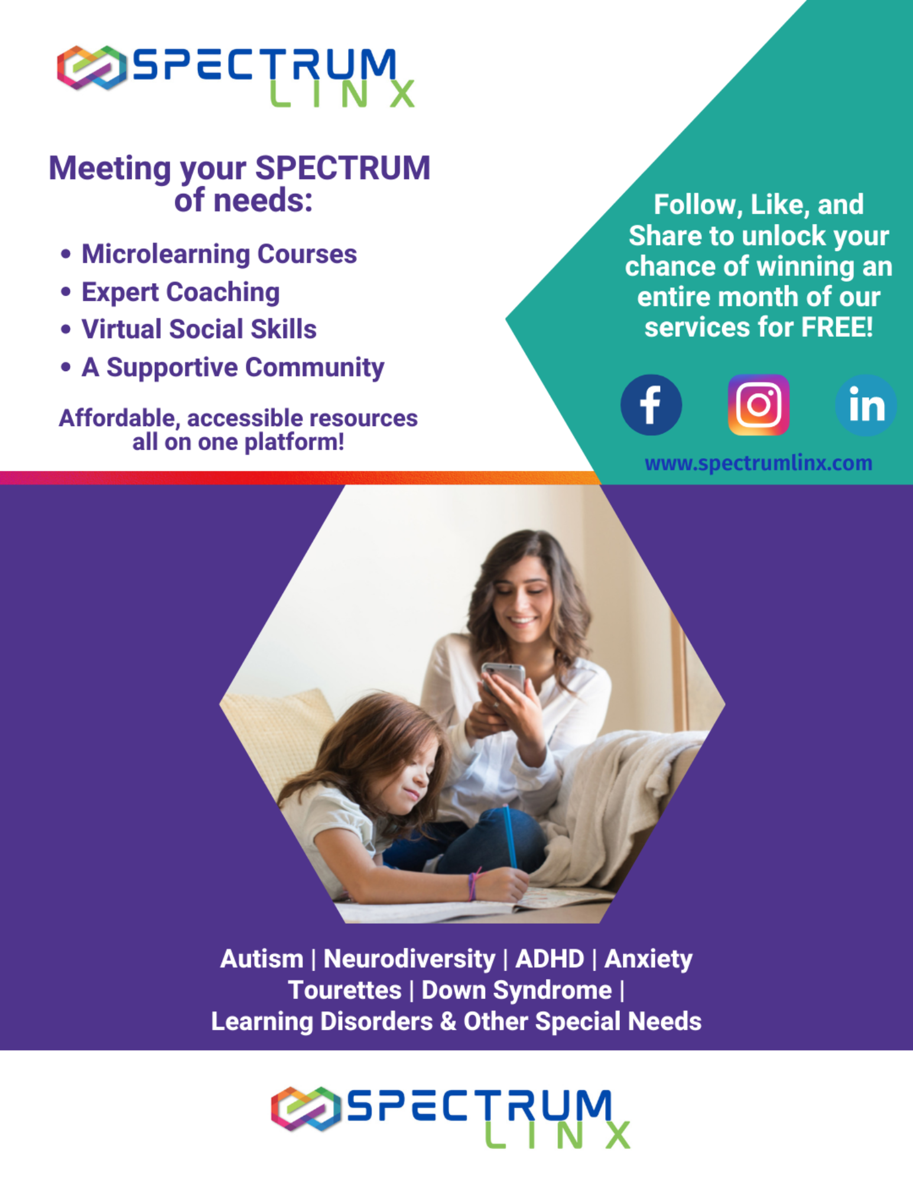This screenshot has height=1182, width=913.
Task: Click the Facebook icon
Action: (651, 405)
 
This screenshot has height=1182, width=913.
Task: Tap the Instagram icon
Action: (758, 405)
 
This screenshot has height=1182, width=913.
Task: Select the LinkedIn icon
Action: (866, 405)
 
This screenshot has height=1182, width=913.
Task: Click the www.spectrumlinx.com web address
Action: (758, 463)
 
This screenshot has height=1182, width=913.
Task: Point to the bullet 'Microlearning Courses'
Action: (219, 254)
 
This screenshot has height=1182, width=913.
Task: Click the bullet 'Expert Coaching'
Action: (181, 292)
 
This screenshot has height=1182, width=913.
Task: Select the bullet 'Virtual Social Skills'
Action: (199, 329)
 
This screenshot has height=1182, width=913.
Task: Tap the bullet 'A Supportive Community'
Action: (233, 368)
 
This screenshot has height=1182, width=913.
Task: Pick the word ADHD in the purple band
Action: (550, 959)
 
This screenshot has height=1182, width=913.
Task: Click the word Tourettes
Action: (345, 990)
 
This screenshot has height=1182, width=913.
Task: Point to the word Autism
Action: (261, 959)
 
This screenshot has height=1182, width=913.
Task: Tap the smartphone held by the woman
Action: (503, 677)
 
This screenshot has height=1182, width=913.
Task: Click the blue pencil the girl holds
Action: (510, 836)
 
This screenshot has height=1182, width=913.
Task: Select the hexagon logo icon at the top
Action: (92, 67)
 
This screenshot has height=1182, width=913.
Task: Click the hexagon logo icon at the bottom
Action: (306, 1108)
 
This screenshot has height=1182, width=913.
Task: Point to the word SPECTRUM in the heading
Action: (343, 168)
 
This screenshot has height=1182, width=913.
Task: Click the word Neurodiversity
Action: (410, 959)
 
